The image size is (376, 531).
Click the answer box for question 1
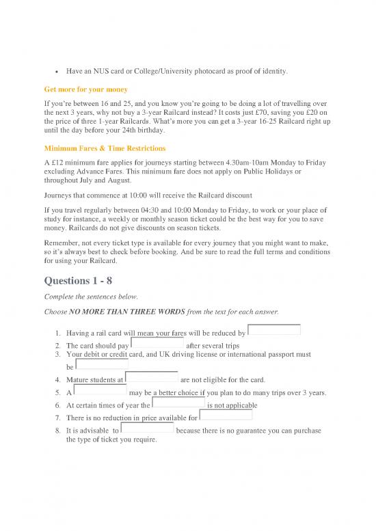(x=273, y=331)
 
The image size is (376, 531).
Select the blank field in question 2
(x=157, y=344)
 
